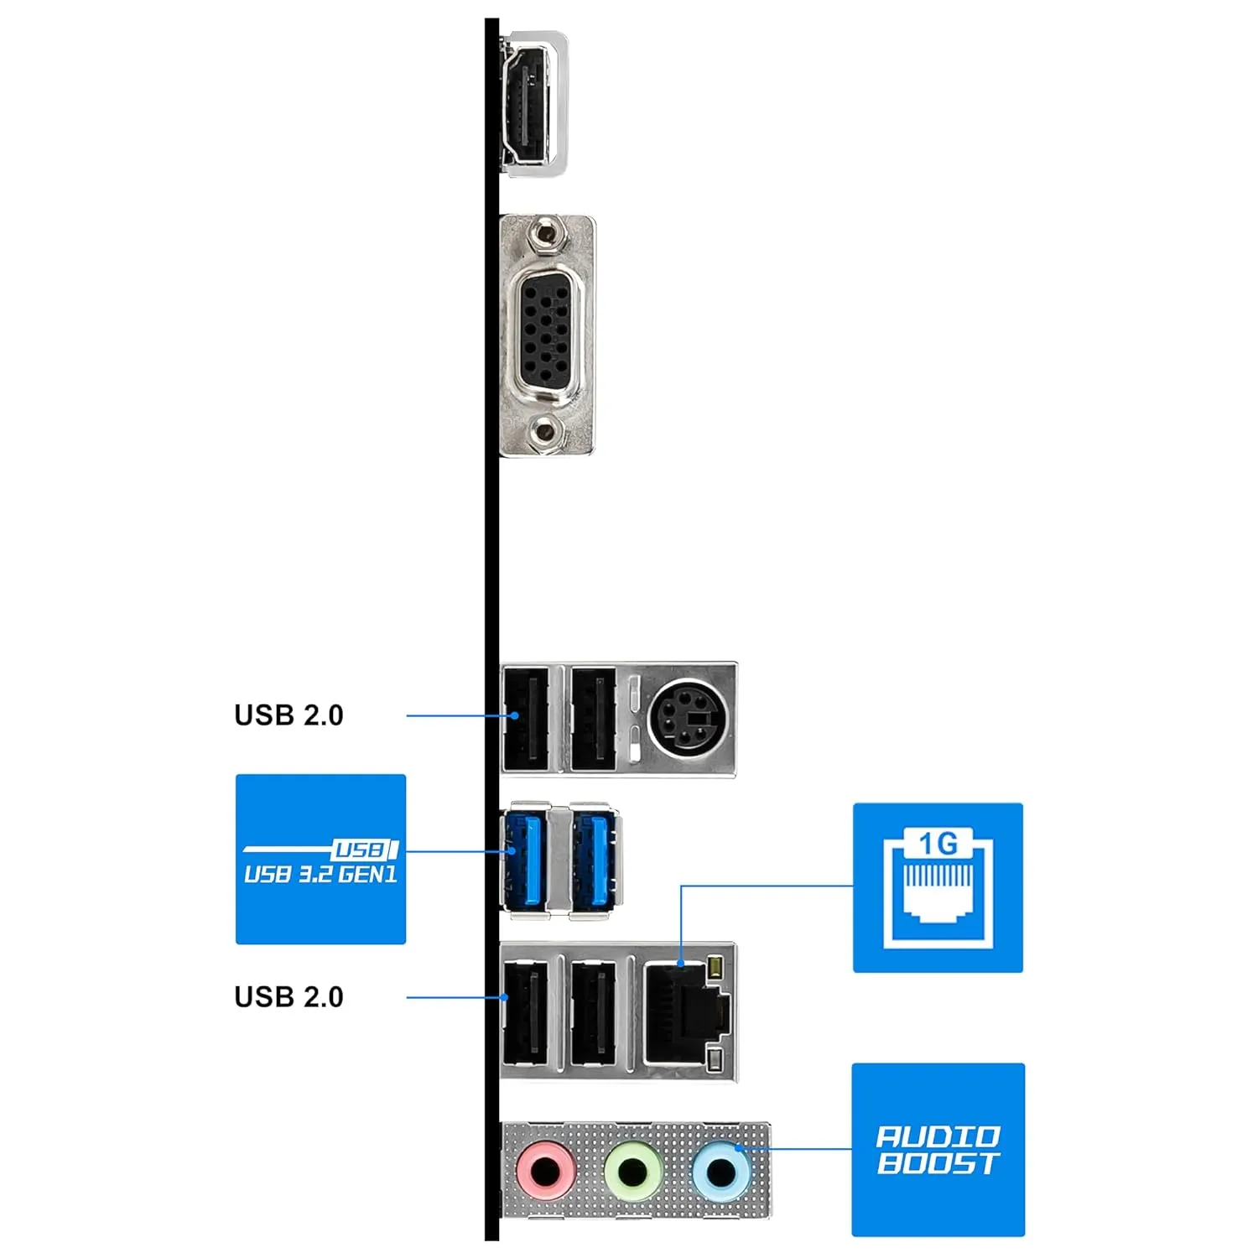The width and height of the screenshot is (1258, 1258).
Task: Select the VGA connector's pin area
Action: [x=547, y=335]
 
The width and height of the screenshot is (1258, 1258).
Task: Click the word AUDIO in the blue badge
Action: [x=938, y=1136]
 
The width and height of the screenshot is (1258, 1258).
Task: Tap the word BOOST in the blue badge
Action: [x=938, y=1163]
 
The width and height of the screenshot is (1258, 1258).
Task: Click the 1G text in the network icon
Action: [x=938, y=843]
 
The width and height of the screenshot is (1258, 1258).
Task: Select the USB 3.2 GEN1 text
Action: [x=320, y=875]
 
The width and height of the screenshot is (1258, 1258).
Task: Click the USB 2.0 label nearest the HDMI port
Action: [x=289, y=715]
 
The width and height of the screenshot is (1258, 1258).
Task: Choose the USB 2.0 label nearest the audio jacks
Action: [x=289, y=996]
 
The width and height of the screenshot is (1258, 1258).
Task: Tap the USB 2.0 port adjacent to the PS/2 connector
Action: [x=594, y=719]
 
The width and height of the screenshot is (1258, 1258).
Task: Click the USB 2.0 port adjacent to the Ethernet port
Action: [x=594, y=1013]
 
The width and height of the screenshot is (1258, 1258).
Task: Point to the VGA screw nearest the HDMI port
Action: [x=546, y=234]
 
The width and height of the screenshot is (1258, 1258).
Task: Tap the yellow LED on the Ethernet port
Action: [x=715, y=969]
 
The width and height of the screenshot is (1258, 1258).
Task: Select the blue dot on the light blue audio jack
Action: [x=739, y=1148]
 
